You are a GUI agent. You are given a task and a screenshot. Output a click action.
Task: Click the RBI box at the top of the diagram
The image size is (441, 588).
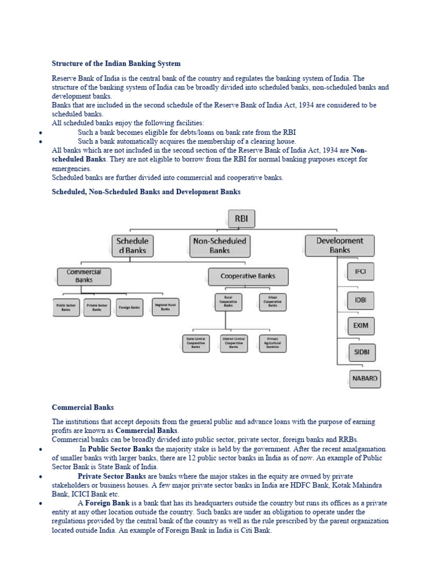241,219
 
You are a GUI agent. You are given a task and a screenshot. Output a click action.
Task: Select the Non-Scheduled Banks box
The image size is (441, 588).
219,246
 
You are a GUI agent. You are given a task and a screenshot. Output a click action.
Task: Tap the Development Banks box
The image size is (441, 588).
339,245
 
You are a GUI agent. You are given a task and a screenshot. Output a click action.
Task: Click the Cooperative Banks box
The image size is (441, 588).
248,276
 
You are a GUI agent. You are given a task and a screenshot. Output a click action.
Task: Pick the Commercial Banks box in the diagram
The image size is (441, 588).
84,276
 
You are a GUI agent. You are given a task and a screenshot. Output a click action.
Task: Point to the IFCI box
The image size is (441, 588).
361,272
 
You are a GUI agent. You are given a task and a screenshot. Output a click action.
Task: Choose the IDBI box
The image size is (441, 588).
361,300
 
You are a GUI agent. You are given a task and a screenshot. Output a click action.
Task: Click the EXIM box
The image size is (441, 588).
361,326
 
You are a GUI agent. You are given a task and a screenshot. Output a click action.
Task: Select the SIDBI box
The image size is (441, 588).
361,351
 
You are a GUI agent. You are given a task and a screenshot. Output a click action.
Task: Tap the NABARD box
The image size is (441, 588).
365,379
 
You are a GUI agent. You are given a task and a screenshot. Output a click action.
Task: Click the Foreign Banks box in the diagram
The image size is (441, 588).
129,308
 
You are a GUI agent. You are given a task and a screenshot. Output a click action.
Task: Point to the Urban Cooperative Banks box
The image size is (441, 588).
273,302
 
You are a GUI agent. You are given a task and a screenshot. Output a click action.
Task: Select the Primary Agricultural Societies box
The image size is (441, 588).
273,343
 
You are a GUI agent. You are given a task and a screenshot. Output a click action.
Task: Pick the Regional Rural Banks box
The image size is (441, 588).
165,307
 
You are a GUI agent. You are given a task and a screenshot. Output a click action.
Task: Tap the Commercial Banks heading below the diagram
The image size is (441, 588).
83,407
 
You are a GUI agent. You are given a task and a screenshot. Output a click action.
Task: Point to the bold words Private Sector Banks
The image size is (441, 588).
111,476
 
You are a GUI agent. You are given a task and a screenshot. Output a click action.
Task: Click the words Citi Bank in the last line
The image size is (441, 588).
258,531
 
